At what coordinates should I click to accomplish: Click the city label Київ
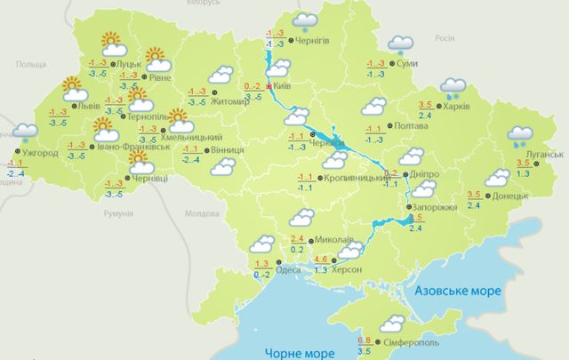pyautogui.click(x=284, y=86)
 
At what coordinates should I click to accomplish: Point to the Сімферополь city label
pyautogui.click(x=412, y=342)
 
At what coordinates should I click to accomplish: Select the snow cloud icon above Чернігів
pyautogui.click(x=307, y=20)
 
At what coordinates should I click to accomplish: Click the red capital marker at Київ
pyautogui.click(x=268, y=87)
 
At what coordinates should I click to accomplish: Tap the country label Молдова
pyautogui.click(x=200, y=214)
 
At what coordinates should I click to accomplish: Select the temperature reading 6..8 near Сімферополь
pyautogui.click(x=364, y=340)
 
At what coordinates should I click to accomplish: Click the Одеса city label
pyautogui.click(x=290, y=272)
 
